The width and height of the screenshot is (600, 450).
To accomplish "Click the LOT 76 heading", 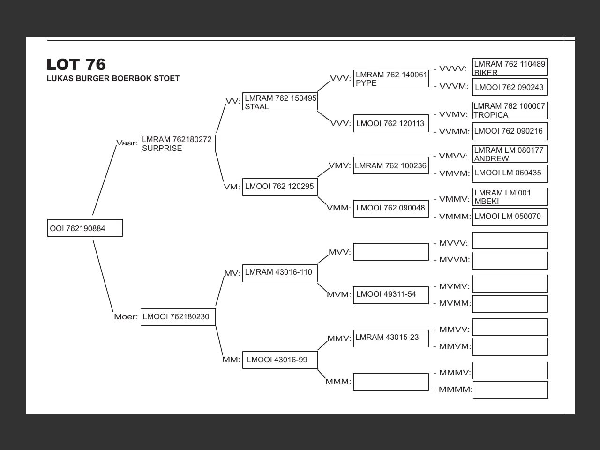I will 76,64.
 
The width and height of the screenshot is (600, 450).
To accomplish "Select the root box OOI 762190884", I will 85,228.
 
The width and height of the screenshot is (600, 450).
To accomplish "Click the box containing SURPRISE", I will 178,143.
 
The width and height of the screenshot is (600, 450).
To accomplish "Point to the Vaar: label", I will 127,143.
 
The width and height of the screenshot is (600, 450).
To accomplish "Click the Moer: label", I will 126,317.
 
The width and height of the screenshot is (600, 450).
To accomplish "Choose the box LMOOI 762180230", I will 178,317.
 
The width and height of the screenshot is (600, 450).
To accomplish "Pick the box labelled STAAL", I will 280,102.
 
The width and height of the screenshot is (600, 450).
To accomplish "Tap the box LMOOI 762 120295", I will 280,187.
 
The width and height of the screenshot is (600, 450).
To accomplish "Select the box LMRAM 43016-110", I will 280,272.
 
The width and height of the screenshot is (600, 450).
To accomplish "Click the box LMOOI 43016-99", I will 280,360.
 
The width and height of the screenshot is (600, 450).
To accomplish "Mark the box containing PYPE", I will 391,78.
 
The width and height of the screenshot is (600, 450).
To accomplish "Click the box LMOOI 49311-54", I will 391,295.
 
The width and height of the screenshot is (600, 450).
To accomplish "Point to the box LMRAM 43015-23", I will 391,338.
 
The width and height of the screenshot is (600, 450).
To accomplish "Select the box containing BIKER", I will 510,67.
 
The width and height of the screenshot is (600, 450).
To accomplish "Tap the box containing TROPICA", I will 510,111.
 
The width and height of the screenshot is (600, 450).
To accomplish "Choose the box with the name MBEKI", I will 510,197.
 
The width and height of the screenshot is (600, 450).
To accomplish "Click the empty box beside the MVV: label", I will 391,252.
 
